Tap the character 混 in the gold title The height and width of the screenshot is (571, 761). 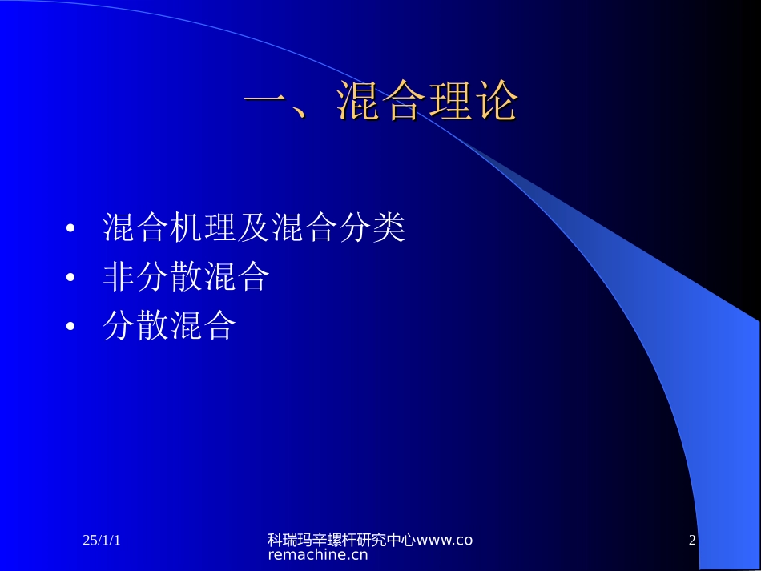tap(357, 102)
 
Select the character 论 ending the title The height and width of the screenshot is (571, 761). tap(494, 102)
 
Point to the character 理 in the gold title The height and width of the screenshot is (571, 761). tap(449, 102)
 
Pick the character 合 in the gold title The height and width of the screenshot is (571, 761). tap(403, 102)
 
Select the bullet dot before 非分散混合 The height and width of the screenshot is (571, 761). tap(71, 279)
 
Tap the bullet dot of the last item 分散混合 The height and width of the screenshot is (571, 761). tap(71, 328)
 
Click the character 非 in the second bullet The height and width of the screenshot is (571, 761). tap(119, 277)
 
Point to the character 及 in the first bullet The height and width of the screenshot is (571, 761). tap(254, 228)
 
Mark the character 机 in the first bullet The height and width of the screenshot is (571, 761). tap(187, 228)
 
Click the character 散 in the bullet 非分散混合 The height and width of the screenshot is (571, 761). tap(187, 277)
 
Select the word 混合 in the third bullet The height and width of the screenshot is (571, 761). tap(203, 326)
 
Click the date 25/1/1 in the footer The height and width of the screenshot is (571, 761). tap(102, 541)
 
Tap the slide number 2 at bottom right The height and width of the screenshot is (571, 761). tap(692, 541)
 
